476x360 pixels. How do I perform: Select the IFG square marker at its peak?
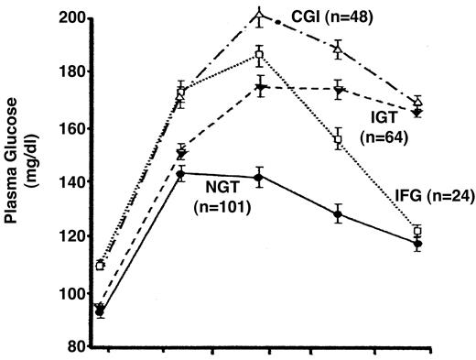point(260,54)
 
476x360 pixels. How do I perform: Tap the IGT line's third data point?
point(260,88)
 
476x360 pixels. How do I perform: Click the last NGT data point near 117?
point(417,244)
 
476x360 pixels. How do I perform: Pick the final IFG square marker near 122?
point(417,232)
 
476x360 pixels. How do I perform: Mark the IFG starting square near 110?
point(100,266)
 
